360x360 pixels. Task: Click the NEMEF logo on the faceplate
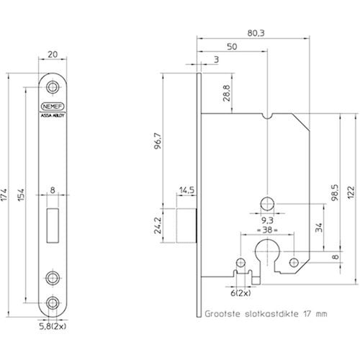(x=53, y=107)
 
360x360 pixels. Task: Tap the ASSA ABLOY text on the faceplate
(x=53, y=115)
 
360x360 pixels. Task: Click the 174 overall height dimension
(x=4, y=195)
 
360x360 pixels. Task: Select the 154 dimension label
(x=22, y=195)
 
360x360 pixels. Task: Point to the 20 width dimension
(x=53, y=55)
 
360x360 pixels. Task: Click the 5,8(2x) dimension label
(x=53, y=326)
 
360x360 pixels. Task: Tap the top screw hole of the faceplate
(x=53, y=86)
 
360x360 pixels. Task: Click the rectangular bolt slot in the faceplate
(x=53, y=225)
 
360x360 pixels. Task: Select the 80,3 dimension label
(x=256, y=33)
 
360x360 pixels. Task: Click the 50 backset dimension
(x=232, y=47)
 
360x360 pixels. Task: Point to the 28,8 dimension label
(x=227, y=93)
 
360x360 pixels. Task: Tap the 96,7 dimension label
(x=158, y=141)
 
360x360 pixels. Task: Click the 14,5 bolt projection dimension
(x=186, y=190)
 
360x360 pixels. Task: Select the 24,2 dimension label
(x=158, y=225)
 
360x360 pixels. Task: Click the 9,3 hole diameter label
(x=267, y=220)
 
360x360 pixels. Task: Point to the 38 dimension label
(x=267, y=230)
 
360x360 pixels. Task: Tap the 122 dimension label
(x=351, y=192)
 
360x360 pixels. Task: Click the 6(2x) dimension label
(x=240, y=293)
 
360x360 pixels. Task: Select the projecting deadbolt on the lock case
(x=186, y=225)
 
